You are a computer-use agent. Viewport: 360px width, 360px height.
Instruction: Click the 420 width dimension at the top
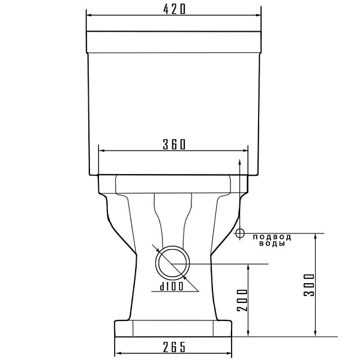tap(174, 10)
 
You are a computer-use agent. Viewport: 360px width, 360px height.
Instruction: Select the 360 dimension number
tap(174, 145)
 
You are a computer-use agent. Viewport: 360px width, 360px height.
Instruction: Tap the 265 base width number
tap(174, 347)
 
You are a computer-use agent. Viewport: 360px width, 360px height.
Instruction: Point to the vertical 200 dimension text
tap(242, 300)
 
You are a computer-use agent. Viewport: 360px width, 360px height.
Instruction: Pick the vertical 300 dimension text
tap(309, 284)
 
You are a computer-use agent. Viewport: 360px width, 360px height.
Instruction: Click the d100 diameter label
tap(172, 286)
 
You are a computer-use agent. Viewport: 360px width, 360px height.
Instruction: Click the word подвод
tap(272, 237)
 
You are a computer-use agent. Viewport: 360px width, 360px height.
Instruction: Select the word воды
tap(272, 244)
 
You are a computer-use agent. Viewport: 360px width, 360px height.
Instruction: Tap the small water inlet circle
tap(240, 233)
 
